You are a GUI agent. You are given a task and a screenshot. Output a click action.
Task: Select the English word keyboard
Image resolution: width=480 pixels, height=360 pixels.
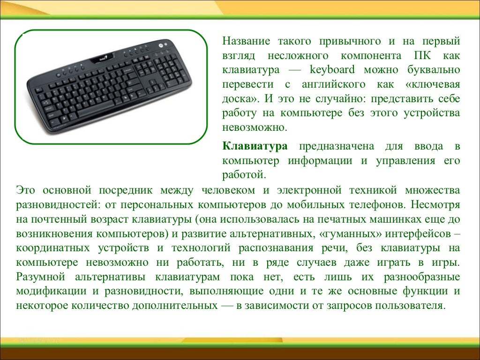click(x=332, y=70)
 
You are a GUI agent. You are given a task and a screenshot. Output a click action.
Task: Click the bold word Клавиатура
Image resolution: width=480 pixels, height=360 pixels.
click(x=255, y=146)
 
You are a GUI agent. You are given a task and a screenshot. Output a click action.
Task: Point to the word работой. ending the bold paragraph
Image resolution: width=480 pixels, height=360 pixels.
click(x=244, y=175)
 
